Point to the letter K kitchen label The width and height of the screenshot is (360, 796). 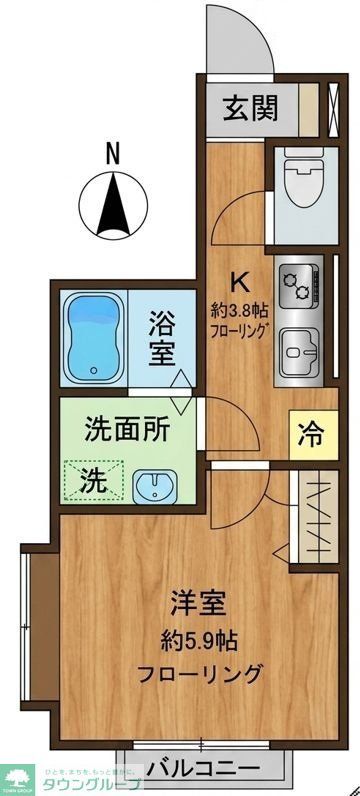pyautogui.click(x=239, y=281)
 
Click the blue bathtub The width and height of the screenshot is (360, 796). pyautogui.click(x=92, y=338)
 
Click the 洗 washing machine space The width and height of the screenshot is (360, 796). pyautogui.click(x=92, y=479)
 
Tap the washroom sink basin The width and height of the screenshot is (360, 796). pyautogui.click(x=155, y=486)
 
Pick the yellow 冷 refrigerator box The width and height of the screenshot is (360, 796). pyautogui.click(x=311, y=435)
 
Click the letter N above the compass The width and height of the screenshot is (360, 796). pyautogui.click(x=112, y=153)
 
